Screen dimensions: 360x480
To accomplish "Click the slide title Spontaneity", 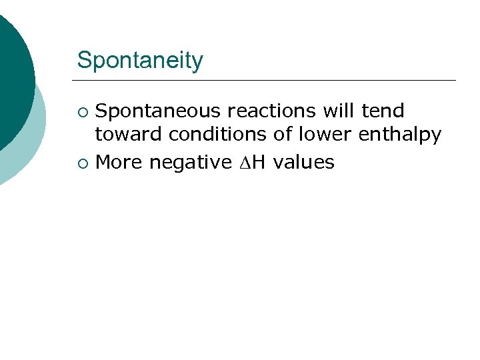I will tap(140, 61).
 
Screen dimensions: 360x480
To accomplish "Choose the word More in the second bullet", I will tap(119, 161).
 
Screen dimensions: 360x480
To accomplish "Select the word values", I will tap(303, 161).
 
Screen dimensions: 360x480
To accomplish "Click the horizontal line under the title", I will tap(267, 80).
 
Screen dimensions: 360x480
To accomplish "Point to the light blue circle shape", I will tap(30, 147).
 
